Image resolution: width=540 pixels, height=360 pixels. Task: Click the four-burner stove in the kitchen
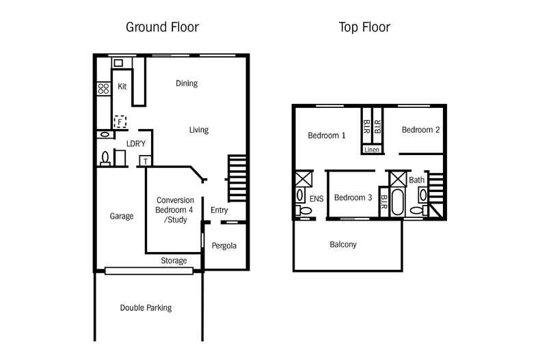pyautogui.click(x=104, y=88)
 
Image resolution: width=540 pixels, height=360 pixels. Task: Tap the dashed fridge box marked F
pyautogui.click(x=120, y=122)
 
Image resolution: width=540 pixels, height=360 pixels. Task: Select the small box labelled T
pyautogui.click(x=145, y=161)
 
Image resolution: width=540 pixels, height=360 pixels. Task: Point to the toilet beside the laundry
pyautogui.click(x=105, y=158)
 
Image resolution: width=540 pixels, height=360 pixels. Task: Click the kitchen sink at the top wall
pyautogui.click(x=118, y=63)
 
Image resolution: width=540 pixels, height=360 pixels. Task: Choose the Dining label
pyautogui.click(x=186, y=83)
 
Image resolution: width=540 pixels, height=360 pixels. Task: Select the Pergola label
pyautogui.click(x=224, y=245)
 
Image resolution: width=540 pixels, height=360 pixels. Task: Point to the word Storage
pyautogui.click(x=174, y=260)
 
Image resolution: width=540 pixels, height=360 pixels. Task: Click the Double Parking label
pyautogui.click(x=146, y=307)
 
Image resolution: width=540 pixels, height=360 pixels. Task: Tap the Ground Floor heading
pyautogui.click(x=162, y=28)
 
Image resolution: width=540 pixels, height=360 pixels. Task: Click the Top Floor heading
pyautogui.click(x=364, y=28)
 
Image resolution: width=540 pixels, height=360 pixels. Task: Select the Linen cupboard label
pyautogui.click(x=371, y=149)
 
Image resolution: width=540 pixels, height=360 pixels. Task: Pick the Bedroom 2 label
pyautogui.click(x=420, y=130)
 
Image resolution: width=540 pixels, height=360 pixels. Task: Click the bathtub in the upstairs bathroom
pyautogui.click(x=399, y=203)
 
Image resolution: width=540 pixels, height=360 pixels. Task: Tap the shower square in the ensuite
pyautogui.click(x=302, y=180)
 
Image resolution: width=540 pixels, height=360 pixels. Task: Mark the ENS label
pyautogui.click(x=316, y=199)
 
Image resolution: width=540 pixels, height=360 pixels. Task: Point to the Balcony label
pyautogui.click(x=342, y=244)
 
